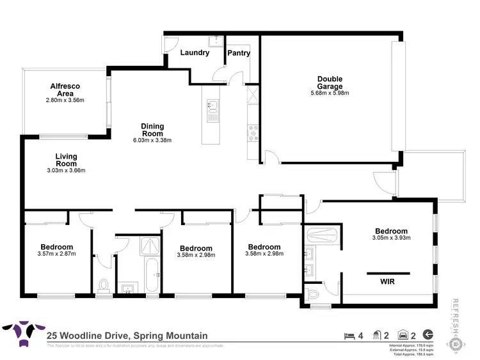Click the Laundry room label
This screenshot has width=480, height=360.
coord(195,53)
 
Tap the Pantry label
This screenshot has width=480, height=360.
coord(239,53)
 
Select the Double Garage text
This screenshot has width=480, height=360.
coord(330,83)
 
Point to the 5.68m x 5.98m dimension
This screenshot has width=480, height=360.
coord(330,93)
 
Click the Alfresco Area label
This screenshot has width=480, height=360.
coord(65,90)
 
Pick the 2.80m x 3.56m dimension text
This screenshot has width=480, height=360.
coord(65,100)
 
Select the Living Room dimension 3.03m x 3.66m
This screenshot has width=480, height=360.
coord(66,170)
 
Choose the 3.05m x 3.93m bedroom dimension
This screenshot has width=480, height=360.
coord(391,238)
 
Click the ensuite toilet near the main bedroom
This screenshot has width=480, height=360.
coord(313,293)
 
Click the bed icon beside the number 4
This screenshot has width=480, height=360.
coord(348,334)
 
